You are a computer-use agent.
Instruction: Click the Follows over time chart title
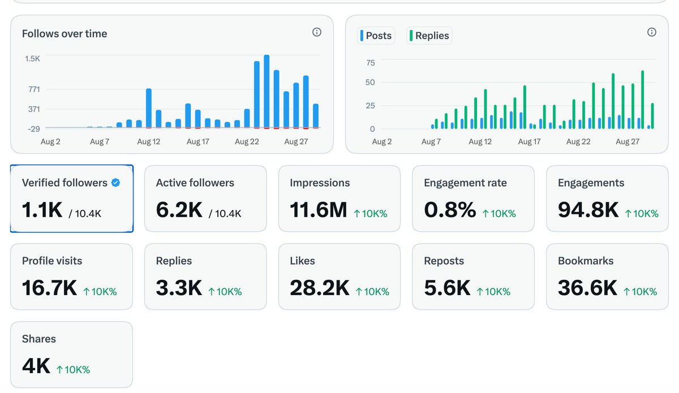pyautogui.click(x=65, y=33)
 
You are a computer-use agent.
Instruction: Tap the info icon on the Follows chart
pyautogui.click(x=317, y=32)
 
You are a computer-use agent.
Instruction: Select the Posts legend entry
pyautogui.click(x=376, y=36)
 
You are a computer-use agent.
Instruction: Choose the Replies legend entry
pyautogui.click(x=429, y=36)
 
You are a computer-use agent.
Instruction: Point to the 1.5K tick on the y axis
pyautogui.click(x=32, y=58)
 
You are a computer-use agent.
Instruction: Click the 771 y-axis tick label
pyautogui.click(x=34, y=89)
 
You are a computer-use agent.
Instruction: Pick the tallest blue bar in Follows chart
pyautogui.click(x=267, y=91)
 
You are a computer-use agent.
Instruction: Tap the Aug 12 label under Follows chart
pyautogui.click(x=148, y=142)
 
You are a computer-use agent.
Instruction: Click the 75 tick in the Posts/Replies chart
pyautogui.click(x=371, y=63)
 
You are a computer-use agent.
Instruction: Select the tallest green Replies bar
pyautogui.click(x=642, y=100)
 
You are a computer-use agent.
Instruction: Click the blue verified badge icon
pyautogui.click(x=115, y=183)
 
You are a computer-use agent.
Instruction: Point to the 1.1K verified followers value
pyautogui.click(x=42, y=210)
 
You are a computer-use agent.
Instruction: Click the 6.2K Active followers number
pyautogui.click(x=179, y=210)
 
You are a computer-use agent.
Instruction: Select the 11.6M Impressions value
pyautogui.click(x=318, y=210)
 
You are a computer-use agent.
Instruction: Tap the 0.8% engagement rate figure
pyautogui.click(x=450, y=210)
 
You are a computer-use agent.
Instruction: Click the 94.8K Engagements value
pyautogui.click(x=588, y=210)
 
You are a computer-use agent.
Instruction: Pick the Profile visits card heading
pyautogui.click(x=52, y=261)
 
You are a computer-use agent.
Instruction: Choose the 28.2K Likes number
pyautogui.click(x=320, y=288)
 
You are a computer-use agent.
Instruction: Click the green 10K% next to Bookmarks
pyautogui.click(x=640, y=292)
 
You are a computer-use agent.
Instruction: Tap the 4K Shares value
pyautogui.click(x=36, y=366)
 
